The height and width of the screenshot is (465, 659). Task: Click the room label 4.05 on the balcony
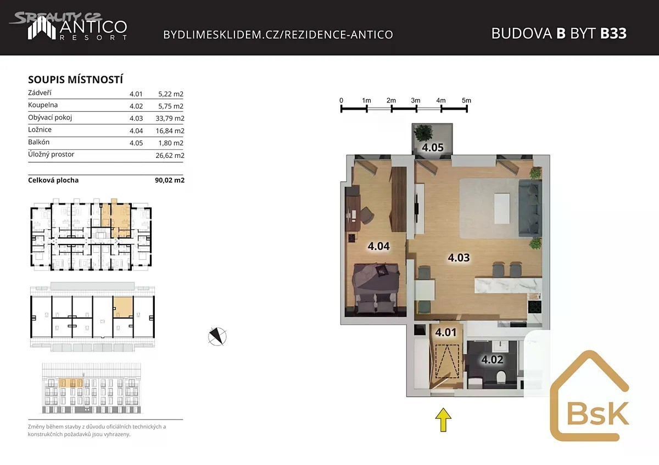pyautogui.click(x=433, y=148)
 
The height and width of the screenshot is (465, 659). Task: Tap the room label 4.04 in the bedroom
pyautogui.click(x=378, y=246)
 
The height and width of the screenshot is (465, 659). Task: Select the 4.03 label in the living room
pyautogui.click(x=459, y=258)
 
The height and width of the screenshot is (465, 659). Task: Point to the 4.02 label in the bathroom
pyautogui.click(x=492, y=359)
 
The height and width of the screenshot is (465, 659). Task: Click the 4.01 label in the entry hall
pyautogui.click(x=446, y=332)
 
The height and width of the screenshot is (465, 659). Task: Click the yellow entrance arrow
pyautogui.click(x=443, y=419)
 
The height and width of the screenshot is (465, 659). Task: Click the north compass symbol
pyautogui.click(x=217, y=336)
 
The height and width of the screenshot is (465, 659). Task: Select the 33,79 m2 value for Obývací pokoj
pyautogui.click(x=170, y=118)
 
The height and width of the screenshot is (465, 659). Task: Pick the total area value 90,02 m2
pyautogui.click(x=170, y=180)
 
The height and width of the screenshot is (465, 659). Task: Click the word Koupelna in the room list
pyautogui.click(x=43, y=105)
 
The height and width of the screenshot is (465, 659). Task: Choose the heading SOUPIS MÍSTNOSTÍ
pyautogui.click(x=75, y=80)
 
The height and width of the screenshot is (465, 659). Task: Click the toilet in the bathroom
pyautogui.click(x=500, y=377)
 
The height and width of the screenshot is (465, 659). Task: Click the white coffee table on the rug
pyautogui.click(x=502, y=208)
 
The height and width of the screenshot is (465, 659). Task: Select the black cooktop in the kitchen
pyautogui.click(x=534, y=307)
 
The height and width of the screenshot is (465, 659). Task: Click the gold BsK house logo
pyautogui.click(x=590, y=395)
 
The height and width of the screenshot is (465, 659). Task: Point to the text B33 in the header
pyautogui.click(x=613, y=33)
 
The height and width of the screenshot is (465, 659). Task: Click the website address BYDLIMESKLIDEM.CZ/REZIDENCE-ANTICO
pyautogui.click(x=278, y=35)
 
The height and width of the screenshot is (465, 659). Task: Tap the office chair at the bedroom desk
pyautogui.click(x=367, y=214)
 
